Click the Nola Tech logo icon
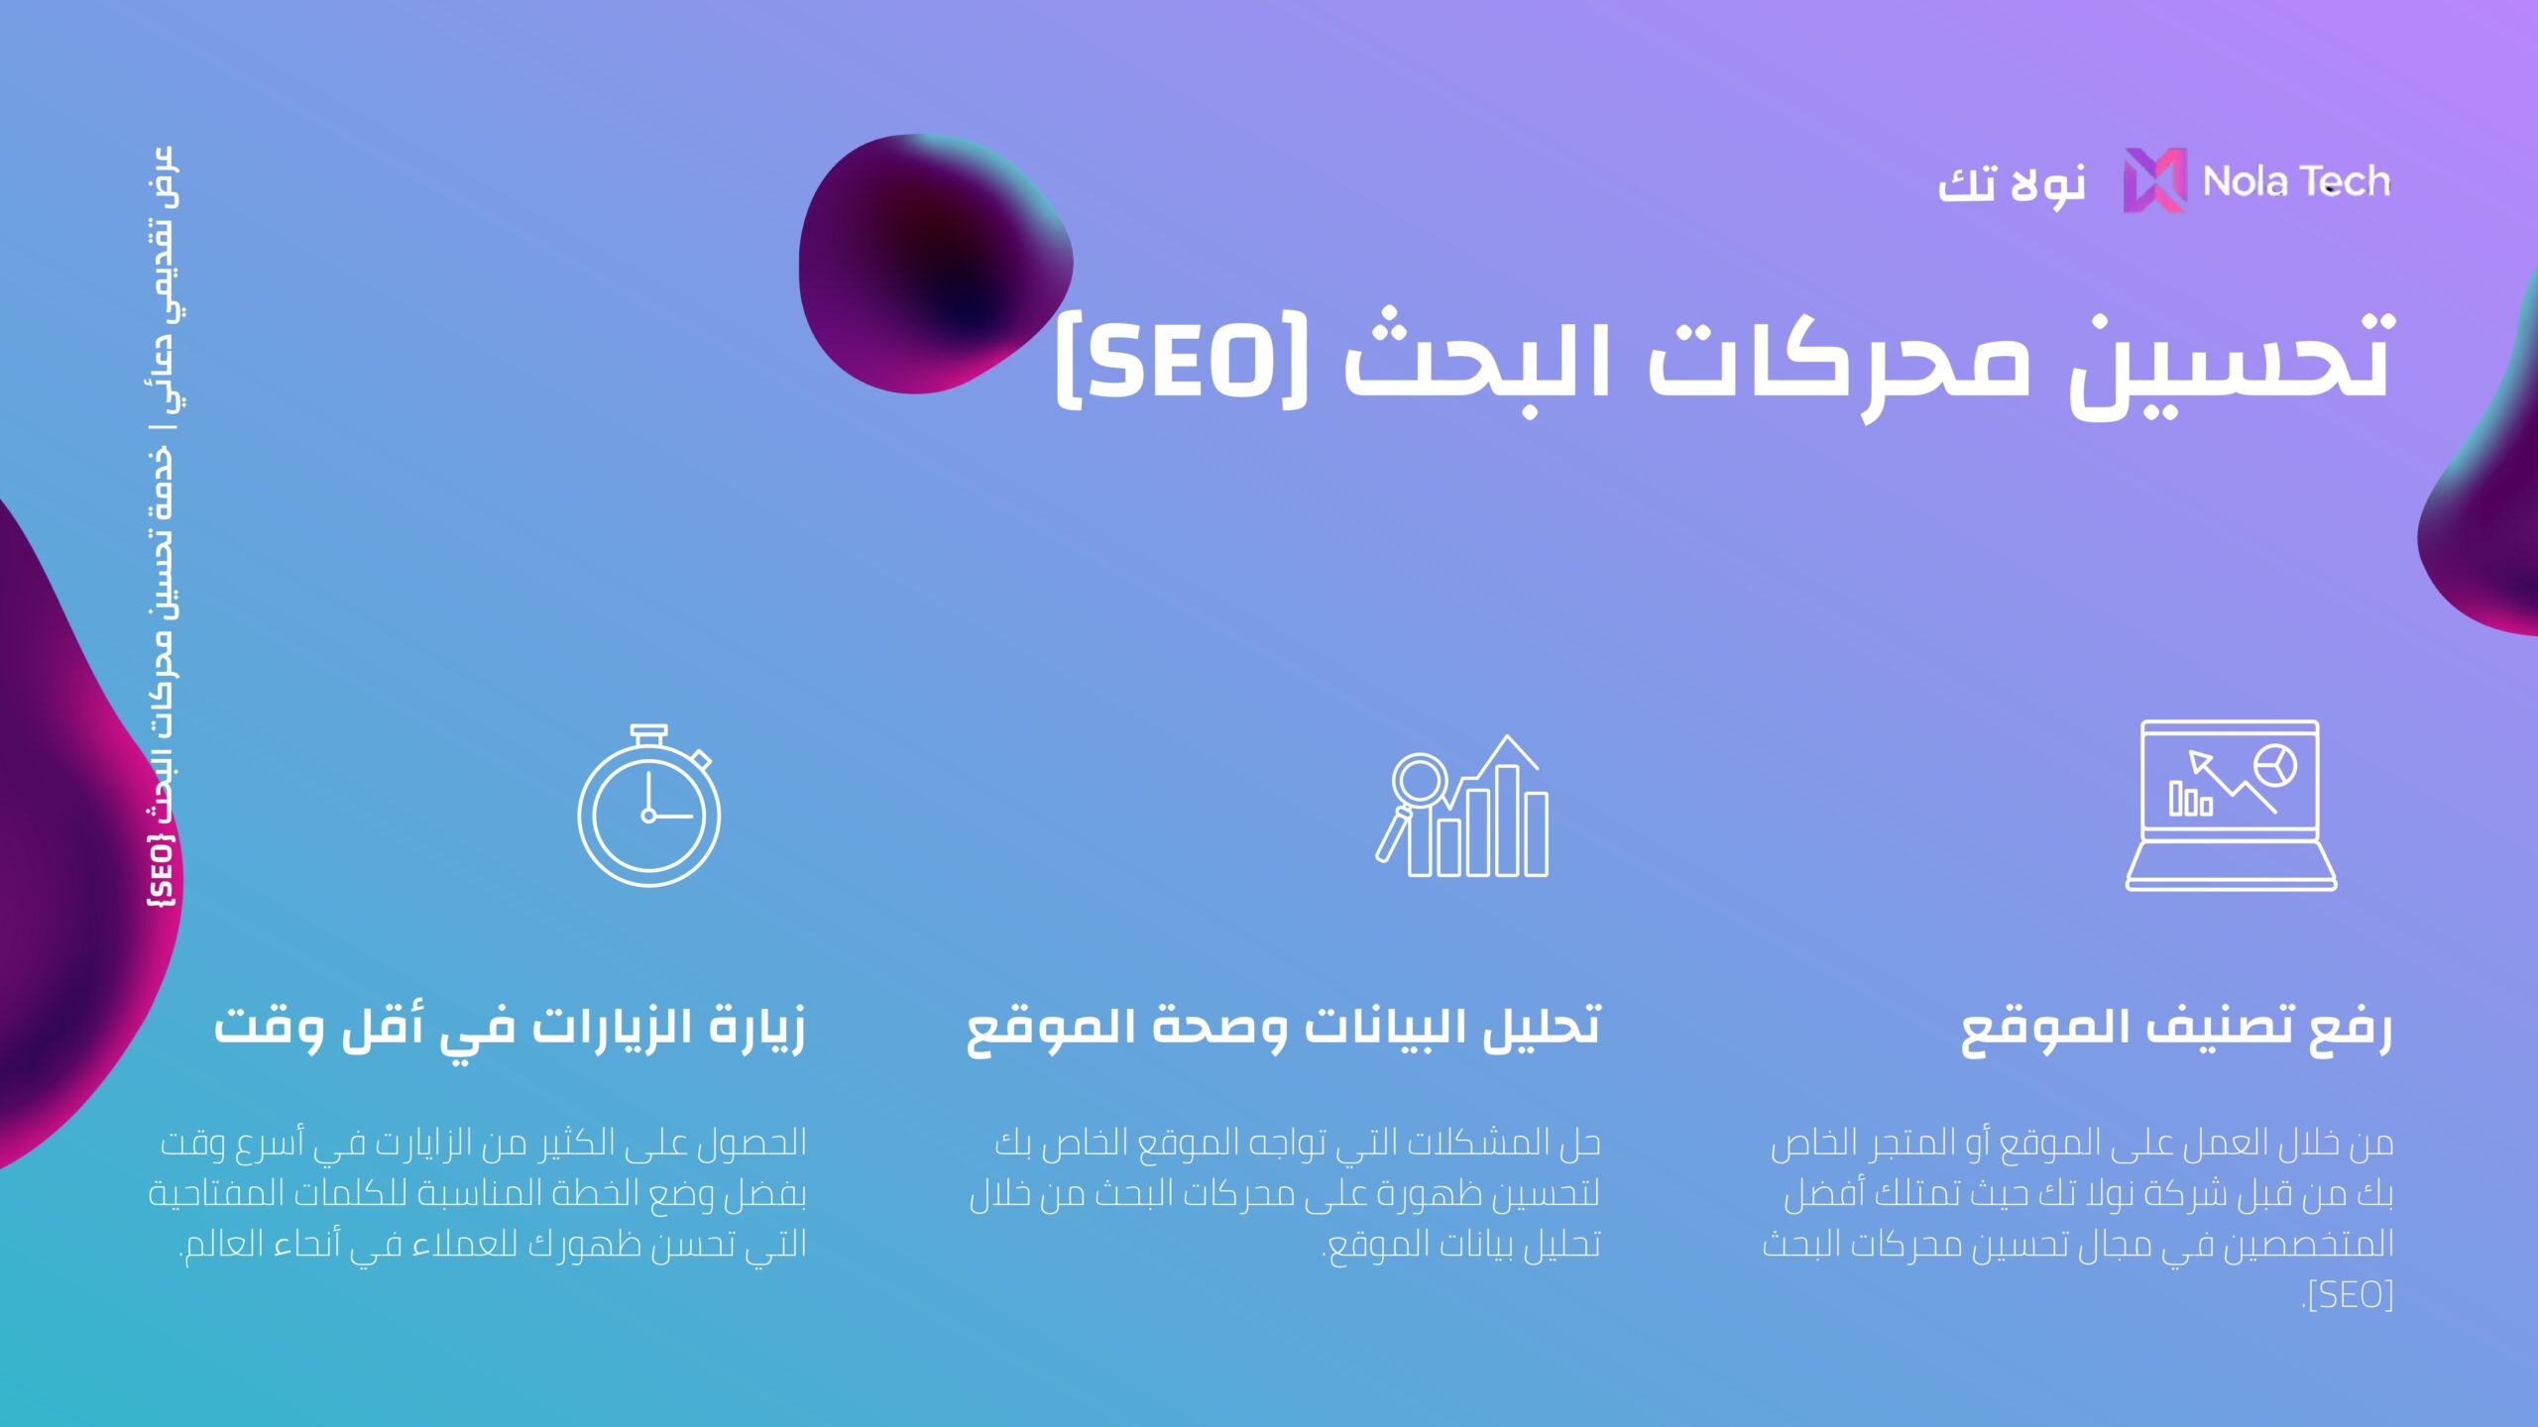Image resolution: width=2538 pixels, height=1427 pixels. [x=2154, y=180]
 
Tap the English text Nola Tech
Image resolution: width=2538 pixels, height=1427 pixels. [x=2296, y=181]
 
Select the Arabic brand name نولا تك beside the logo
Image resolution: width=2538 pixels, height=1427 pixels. [x=2012, y=184]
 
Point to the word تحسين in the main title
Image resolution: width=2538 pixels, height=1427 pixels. [x=2232, y=365]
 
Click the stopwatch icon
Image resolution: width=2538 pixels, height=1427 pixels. [x=649, y=805]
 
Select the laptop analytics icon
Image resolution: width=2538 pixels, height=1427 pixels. [x=2231, y=805]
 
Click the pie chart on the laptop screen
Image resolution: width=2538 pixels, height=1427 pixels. [x=2275, y=766]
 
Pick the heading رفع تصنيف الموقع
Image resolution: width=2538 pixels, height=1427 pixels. [x=2177, y=1029]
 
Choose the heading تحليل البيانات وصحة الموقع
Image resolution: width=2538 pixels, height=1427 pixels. [x=1284, y=1029]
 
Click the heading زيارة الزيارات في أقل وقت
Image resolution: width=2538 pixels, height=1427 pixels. [x=510, y=1029]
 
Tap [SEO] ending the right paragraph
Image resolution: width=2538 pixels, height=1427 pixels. [x=2349, y=1295]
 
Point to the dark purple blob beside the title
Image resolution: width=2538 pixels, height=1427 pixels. [x=932, y=263]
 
